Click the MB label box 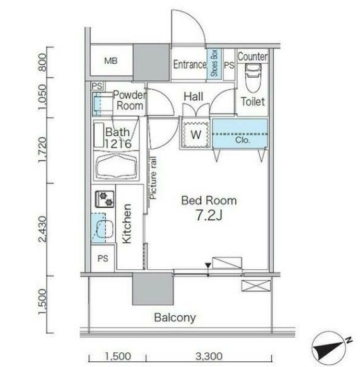pyautogui.click(x=111, y=61)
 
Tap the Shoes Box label pyautogui.click(x=214, y=63)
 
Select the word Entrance pyautogui.click(x=190, y=64)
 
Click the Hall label pyautogui.click(x=193, y=96)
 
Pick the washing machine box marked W pyautogui.click(x=195, y=134)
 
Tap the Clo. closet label pyautogui.click(x=243, y=140)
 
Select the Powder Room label pyautogui.click(x=129, y=100)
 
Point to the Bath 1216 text pyautogui.click(x=118, y=138)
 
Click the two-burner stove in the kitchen pyautogui.click(x=104, y=200)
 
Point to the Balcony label pyautogui.click(x=175, y=317)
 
